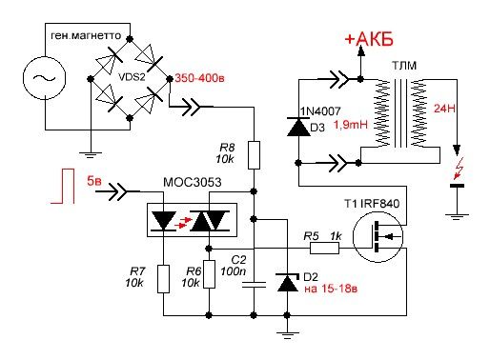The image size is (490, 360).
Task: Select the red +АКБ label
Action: tap(369, 39)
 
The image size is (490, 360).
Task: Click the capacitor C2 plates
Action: tap(254, 285)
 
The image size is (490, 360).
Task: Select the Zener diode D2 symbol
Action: tap(288, 283)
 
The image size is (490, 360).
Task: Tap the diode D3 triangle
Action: tap(298, 127)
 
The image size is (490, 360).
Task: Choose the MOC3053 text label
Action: tap(192, 183)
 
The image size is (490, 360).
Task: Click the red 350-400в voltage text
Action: tap(199, 78)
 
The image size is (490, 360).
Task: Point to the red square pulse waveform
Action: tap(63, 186)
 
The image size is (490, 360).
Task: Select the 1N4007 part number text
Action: tap(320, 111)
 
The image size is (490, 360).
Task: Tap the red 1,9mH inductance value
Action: tap(351, 125)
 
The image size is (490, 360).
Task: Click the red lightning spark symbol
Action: tap(459, 168)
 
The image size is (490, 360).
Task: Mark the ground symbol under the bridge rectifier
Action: tap(91, 155)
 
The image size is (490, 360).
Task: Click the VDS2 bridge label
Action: tap(132, 77)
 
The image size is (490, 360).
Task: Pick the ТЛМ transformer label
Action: tap(404, 66)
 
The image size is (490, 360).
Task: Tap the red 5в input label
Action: tap(94, 181)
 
